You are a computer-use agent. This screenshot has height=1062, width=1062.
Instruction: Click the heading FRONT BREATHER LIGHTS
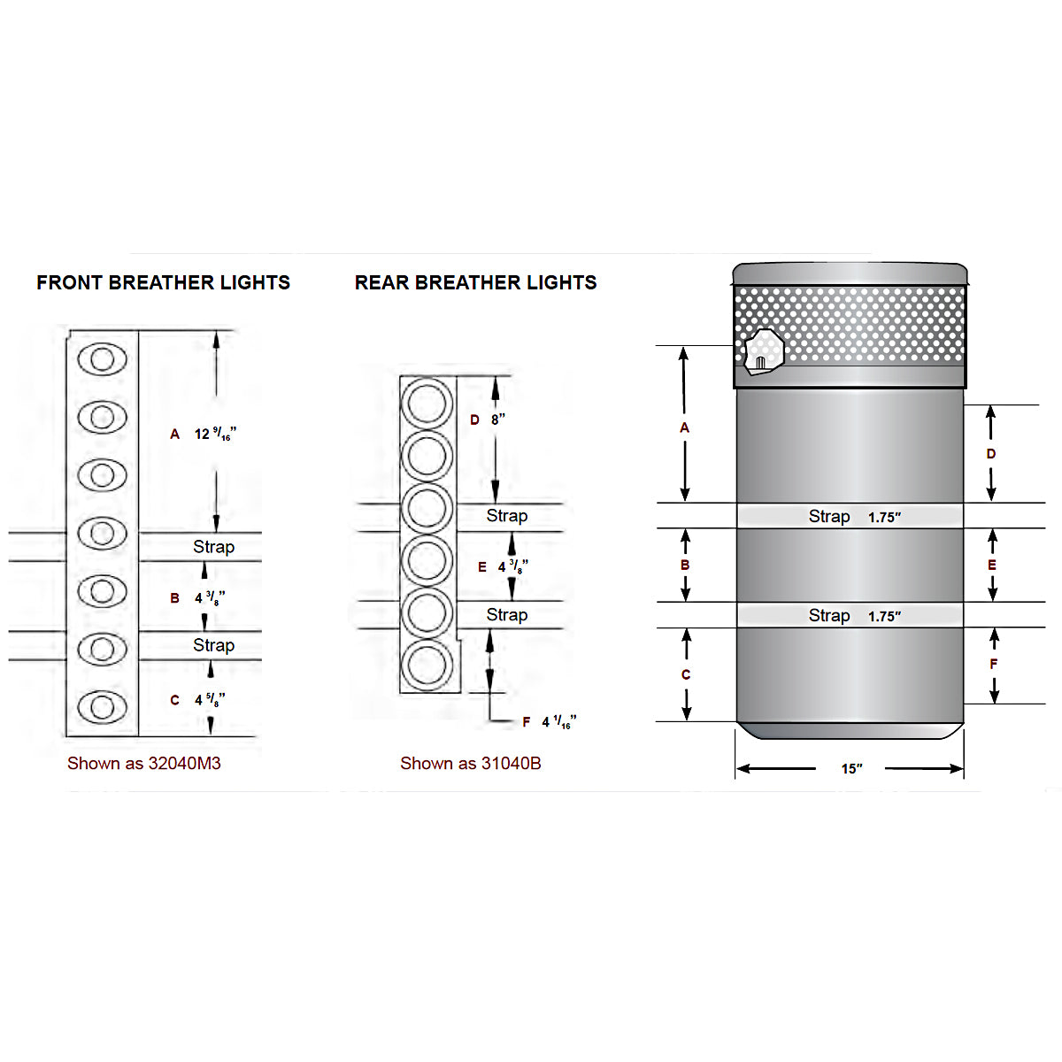tap(163, 282)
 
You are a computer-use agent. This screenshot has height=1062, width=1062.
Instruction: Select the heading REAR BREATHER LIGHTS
tap(475, 282)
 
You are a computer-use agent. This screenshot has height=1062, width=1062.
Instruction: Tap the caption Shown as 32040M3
tap(144, 763)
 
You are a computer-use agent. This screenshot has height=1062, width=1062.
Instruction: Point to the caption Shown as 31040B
tap(471, 763)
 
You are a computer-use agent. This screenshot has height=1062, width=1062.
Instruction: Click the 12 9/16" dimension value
tap(215, 434)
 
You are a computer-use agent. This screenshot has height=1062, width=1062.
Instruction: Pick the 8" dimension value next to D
tap(498, 419)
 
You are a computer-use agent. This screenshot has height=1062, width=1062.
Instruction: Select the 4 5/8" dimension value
tap(210, 700)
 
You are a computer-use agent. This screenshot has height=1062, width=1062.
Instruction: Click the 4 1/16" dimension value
tap(559, 722)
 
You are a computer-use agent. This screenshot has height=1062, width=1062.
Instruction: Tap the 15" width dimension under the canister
tap(852, 769)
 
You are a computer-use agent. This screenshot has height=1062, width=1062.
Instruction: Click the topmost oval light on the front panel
tap(103, 359)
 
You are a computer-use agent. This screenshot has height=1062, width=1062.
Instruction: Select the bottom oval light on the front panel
tap(103, 707)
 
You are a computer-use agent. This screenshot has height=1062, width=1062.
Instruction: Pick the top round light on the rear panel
tap(427, 404)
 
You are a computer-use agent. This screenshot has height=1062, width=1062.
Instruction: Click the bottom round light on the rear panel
tap(427, 666)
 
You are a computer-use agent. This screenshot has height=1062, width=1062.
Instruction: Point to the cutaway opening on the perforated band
tap(764, 352)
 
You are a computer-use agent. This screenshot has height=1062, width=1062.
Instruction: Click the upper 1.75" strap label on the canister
tap(884, 518)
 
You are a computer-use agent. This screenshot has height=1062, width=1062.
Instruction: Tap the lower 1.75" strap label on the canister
tap(884, 616)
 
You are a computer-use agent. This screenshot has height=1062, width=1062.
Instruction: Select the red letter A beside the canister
tap(684, 427)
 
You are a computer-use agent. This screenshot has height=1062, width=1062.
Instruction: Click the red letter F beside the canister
tap(993, 664)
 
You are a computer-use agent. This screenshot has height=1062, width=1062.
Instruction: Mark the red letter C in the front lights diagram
tap(174, 700)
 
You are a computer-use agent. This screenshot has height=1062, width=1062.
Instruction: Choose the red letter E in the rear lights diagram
tap(482, 567)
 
